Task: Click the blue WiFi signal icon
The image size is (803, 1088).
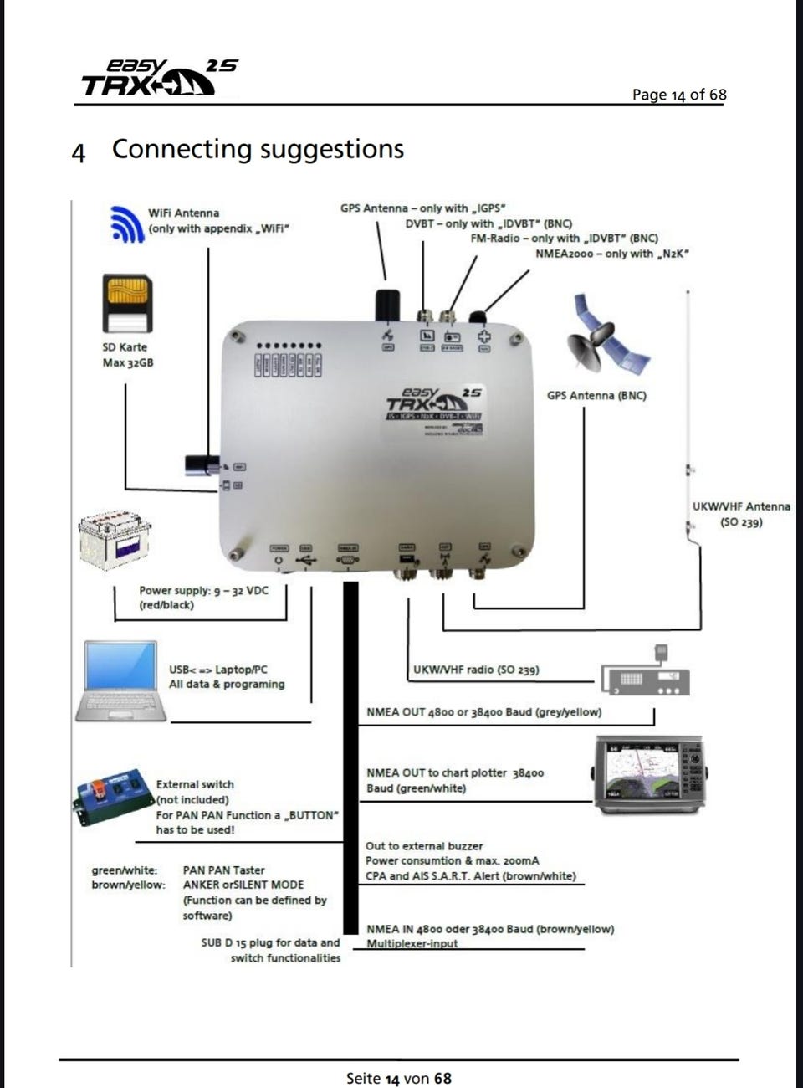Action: (x=127, y=223)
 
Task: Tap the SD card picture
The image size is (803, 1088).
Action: (x=126, y=304)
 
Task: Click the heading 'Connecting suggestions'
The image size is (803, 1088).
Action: (x=258, y=149)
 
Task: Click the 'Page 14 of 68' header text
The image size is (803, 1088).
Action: (x=679, y=95)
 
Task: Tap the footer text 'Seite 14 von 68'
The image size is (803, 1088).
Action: (x=398, y=1078)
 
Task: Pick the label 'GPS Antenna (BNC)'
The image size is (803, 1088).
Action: (x=596, y=395)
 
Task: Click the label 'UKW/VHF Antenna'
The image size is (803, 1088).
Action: (x=741, y=506)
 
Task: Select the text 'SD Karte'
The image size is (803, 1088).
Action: (x=125, y=346)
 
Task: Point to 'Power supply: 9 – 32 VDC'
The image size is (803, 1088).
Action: (x=203, y=590)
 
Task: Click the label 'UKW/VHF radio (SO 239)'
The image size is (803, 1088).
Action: (x=476, y=670)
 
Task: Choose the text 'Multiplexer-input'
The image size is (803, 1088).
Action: (x=412, y=943)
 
